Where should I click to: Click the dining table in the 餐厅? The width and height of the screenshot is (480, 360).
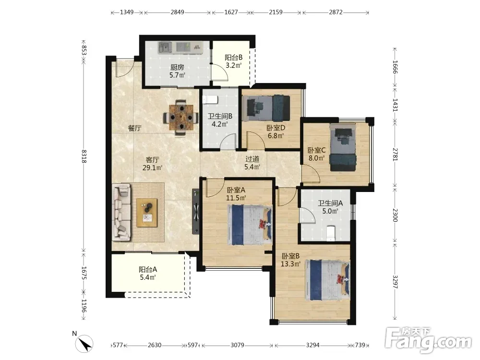point(181,117)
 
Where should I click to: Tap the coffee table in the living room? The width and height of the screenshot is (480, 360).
point(147,213)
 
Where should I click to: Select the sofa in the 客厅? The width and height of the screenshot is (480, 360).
point(121,212)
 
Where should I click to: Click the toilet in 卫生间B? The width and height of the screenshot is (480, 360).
point(210,99)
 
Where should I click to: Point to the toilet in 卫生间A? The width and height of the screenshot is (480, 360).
point(331,234)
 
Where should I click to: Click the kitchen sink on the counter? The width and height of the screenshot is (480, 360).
point(165,48)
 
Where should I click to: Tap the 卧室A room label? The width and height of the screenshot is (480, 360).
point(236,190)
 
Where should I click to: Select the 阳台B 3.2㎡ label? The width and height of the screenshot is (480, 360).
point(234,61)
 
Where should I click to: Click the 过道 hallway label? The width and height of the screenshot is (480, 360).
point(252,159)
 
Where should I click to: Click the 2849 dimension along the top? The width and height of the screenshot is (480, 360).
point(177,12)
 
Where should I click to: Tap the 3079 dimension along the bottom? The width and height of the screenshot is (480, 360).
point(237,345)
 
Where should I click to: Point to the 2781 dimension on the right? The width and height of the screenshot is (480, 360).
point(395,155)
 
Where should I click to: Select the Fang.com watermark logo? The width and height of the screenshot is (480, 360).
point(428,339)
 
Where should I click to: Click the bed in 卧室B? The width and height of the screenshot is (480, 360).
point(327,280)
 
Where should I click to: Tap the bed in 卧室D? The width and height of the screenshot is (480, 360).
point(266,108)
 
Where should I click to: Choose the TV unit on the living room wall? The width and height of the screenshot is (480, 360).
point(196,212)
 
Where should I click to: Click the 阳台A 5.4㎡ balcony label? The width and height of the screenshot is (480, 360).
point(148,274)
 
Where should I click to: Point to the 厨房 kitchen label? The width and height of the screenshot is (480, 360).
point(177,72)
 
